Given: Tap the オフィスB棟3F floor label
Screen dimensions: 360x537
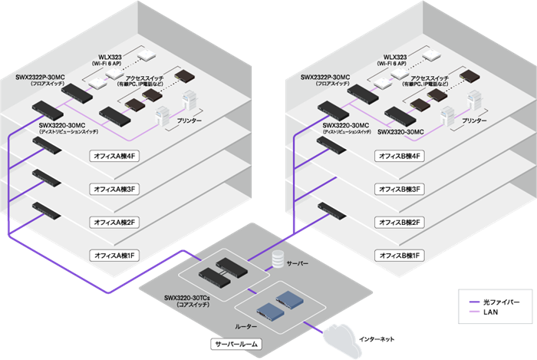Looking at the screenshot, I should pyautogui.click(x=399, y=189).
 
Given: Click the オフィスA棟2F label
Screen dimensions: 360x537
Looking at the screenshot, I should pyautogui.click(x=114, y=222).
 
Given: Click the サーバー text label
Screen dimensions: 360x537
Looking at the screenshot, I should pyautogui.click(x=298, y=263).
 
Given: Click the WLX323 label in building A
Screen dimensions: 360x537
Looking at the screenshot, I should pyautogui.click(x=113, y=58).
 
